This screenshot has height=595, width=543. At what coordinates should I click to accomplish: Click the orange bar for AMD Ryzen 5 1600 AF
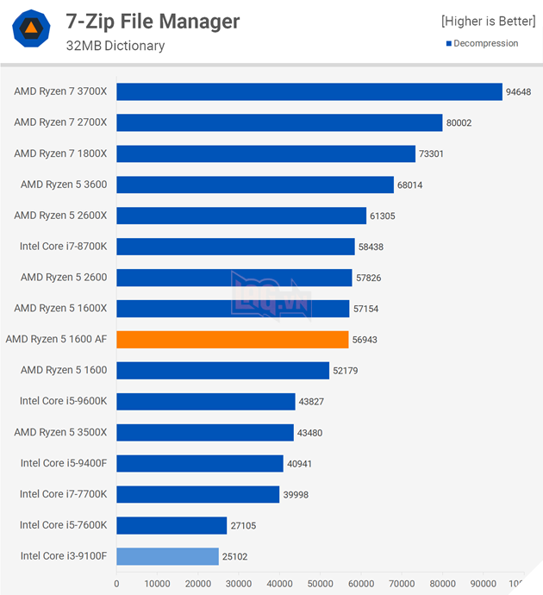click(233, 340)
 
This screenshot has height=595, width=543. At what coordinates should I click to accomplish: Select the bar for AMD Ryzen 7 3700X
click(309, 92)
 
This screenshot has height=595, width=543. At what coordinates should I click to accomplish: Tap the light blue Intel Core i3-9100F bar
click(167, 556)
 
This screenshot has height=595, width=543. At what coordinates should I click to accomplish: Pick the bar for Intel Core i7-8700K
click(235, 247)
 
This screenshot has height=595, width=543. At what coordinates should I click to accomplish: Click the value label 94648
click(520, 92)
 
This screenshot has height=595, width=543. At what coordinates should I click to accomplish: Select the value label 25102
click(235, 556)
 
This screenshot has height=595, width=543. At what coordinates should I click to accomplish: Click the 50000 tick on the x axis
click(320, 584)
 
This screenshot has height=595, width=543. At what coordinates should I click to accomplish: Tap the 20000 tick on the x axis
click(197, 584)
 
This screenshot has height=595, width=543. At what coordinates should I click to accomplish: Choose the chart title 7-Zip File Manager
click(153, 21)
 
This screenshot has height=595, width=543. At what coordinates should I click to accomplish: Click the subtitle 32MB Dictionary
click(115, 46)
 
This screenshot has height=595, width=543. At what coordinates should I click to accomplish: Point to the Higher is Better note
click(488, 21)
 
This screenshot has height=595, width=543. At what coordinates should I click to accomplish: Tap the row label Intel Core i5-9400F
click(63, 463)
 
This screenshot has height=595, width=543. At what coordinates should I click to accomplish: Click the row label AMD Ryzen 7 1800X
click(60, 153)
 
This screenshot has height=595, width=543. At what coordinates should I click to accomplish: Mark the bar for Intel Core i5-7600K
click(172, 525)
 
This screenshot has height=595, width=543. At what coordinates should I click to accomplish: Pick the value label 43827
click(310, 402)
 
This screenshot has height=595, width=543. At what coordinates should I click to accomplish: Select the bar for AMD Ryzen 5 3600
click(255, 185)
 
